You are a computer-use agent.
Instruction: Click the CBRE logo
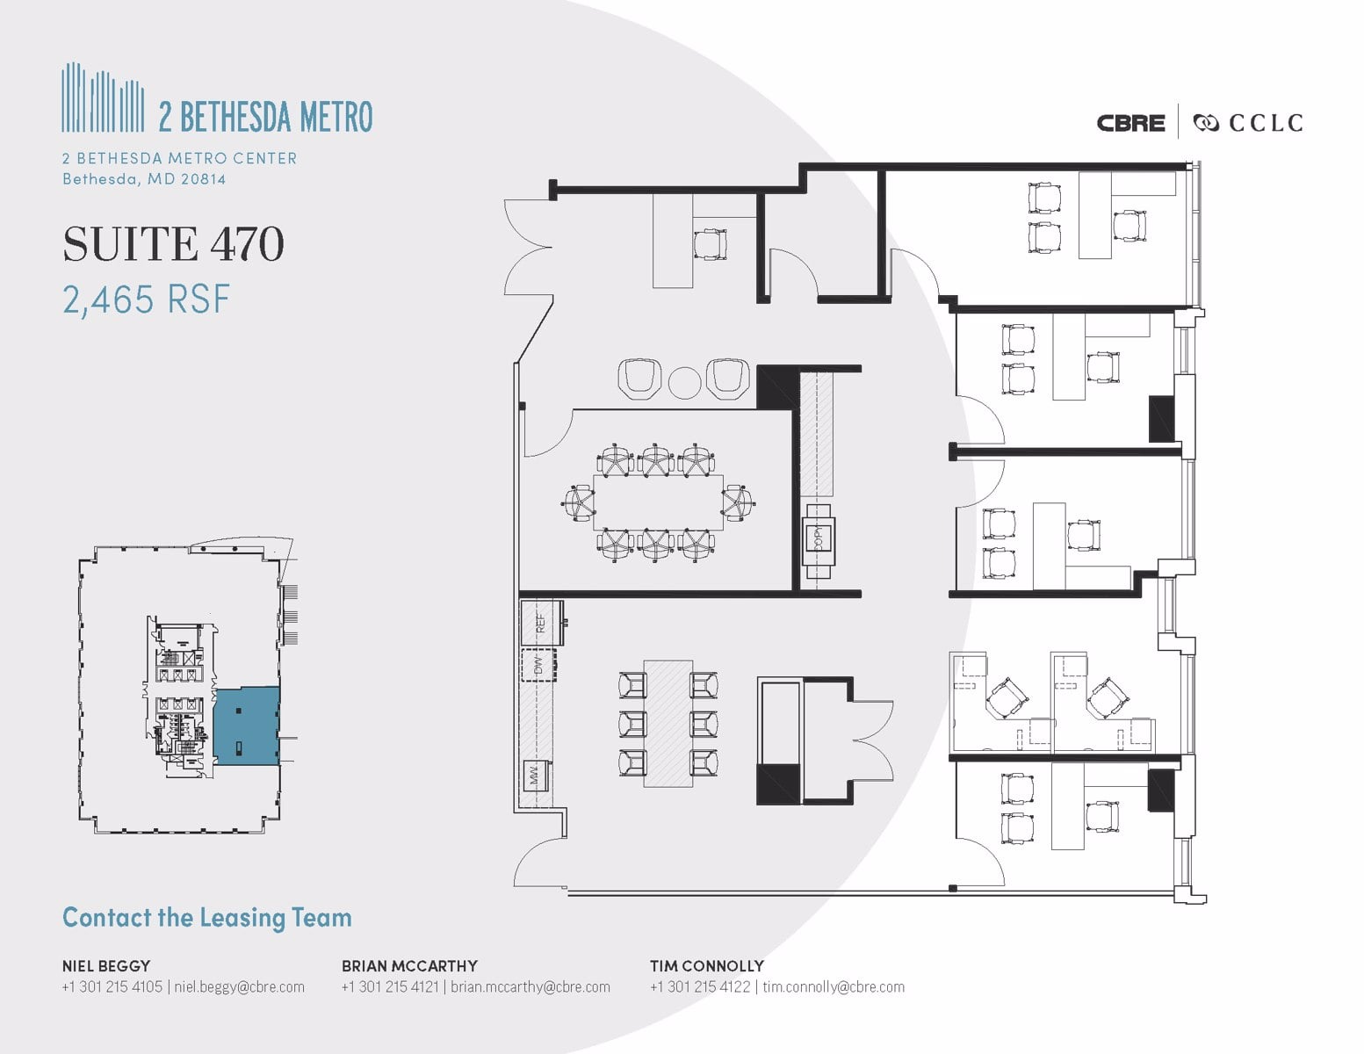pyautogui.click(x=1130, y=123)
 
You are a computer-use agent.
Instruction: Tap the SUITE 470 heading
pyautogui.click(x=173, y=244)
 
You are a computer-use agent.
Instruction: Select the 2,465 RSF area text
pyautogui.click(x=146, y=300)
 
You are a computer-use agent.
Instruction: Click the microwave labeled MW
pyautogui.click(x=534, y=775)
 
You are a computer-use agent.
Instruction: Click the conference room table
pyautogui.click(x=659, y=502)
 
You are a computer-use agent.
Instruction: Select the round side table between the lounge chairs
pyautogui.click(x=683, y=382)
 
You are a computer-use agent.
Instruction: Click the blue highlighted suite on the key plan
pyautogui.click(x=246, y=726)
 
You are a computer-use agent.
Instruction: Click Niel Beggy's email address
pyautogui.click(x=239, y=986)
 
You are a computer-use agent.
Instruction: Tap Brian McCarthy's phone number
pyautogui.click(x=390, y=986)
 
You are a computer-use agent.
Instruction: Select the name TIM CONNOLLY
pyautogui.click(x=706, y=965)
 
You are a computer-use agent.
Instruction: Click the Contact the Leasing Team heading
pyautogui.click(x=206, y=918)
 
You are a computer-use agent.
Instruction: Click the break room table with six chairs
pyautogui.click(x=668, y=723)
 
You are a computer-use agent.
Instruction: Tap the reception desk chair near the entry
pyautogui.click(x=710, y=243)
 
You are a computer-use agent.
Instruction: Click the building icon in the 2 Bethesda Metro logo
pyautogui.click(x=103, y=97)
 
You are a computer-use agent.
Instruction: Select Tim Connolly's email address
pyautogui.click(x=833, y=986)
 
